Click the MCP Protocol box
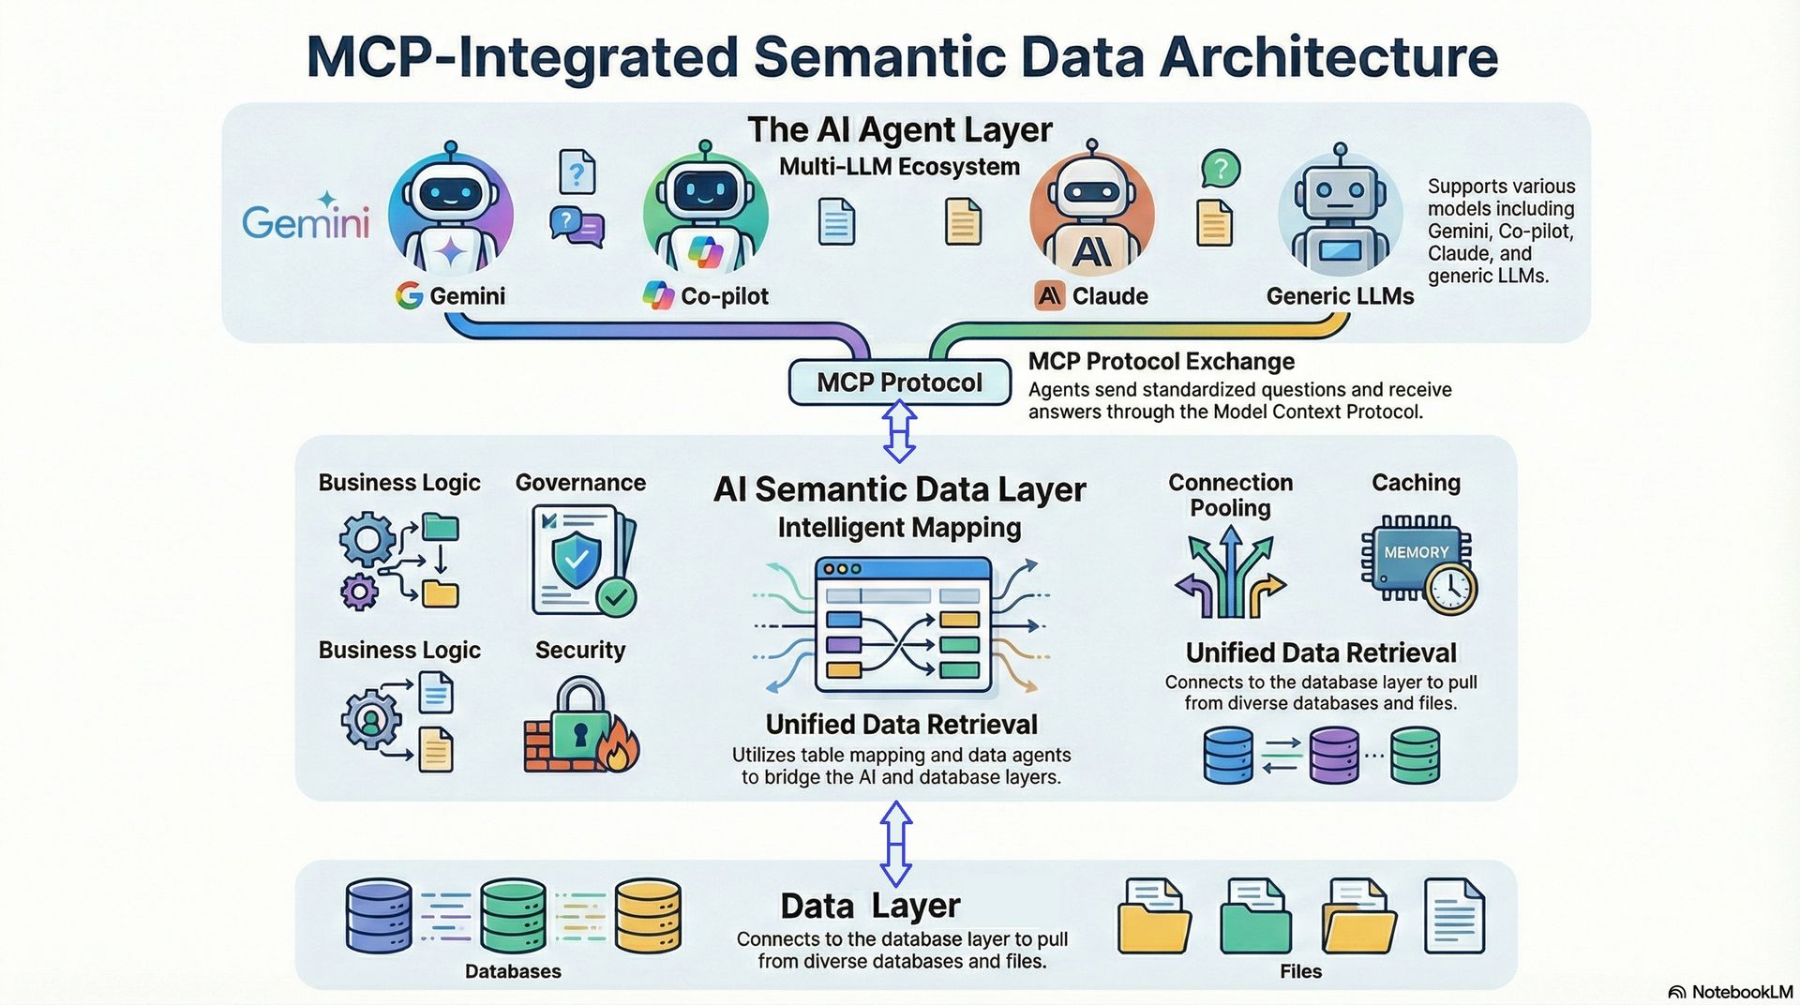point(899,382)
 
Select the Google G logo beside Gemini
point(409,296)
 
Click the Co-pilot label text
point(724,296)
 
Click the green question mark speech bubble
point(1221,170)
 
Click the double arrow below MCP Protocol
point(899,430)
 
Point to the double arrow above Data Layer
point(896,843)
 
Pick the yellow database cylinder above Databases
point(648,916)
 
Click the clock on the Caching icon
point(1450,588)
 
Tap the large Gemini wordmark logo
point(306,219)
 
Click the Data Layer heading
point(870,906)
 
